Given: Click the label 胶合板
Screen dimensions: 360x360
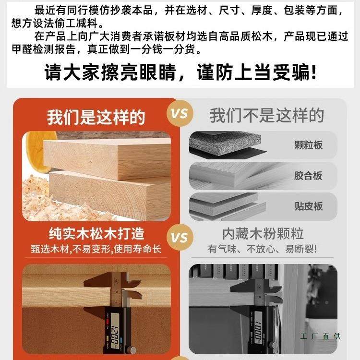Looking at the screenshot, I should point(308,176).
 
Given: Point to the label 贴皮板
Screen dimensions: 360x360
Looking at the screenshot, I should point(308,206).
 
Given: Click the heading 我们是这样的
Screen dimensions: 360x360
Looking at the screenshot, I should point(96,117).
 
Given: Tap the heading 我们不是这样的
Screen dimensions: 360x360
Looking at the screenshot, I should point(267,115).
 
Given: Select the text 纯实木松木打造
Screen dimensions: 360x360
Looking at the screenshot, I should point(96,234).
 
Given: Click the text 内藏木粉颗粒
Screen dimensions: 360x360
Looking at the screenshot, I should point(263,234).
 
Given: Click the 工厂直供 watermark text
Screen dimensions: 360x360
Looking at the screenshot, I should point(321,336).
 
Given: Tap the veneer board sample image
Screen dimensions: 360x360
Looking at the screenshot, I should point(230,205).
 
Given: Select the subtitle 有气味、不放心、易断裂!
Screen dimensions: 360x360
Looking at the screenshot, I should point(263,250).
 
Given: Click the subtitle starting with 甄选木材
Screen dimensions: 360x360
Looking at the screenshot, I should point(96,250).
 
